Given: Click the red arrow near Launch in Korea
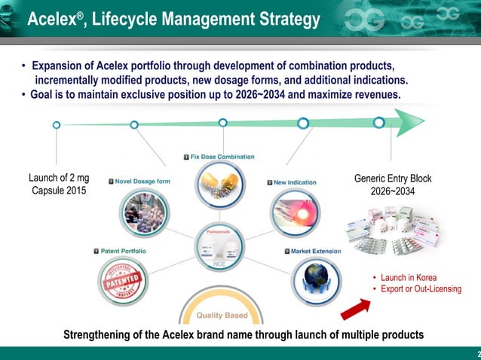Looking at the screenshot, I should tap(355, 309).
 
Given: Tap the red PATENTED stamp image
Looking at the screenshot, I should tap(123, 282).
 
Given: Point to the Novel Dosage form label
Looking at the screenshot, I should tap(142, 182).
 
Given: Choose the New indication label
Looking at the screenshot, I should tap(295, 182).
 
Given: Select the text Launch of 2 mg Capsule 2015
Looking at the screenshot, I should tap(59, 185).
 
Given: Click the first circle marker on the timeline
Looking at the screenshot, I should tap(57, 125).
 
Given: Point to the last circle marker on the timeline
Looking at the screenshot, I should tap(379, 122).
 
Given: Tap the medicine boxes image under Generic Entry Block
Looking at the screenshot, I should tap(392, 230).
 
